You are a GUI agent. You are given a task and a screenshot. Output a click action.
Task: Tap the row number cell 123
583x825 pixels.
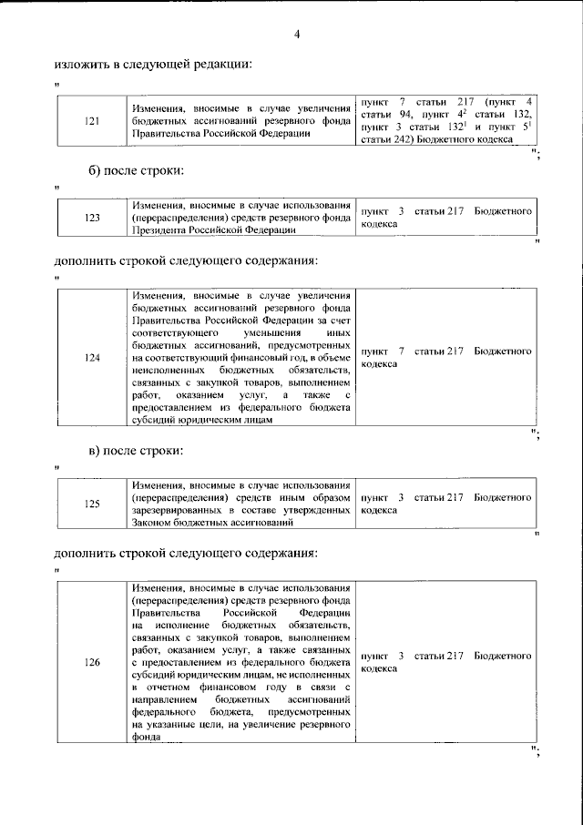pos(91,218)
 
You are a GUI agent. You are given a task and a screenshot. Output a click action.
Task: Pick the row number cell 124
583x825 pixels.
pos(91,357)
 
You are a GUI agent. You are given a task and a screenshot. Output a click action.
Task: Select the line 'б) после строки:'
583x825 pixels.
pos(136,170)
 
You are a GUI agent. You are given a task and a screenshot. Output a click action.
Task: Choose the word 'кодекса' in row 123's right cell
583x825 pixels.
pos(379,223)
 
